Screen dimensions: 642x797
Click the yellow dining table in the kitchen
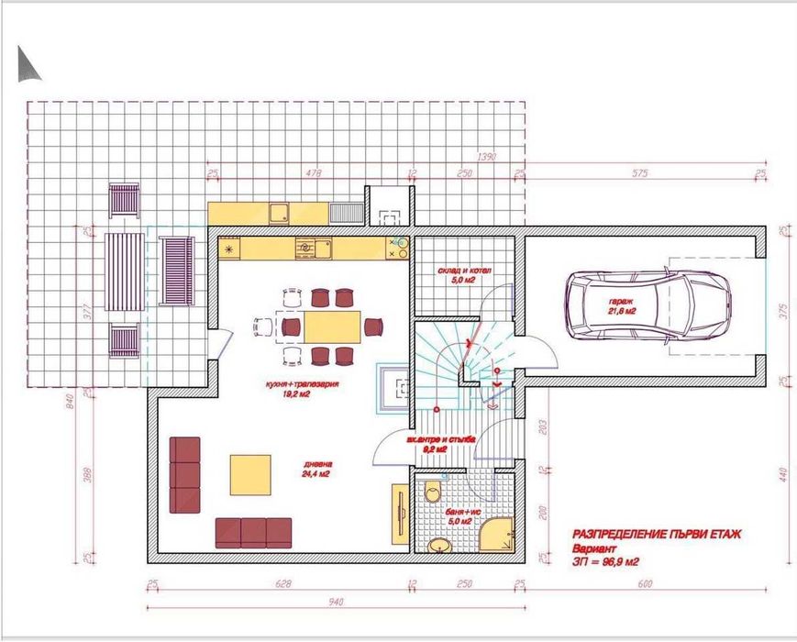pyautogui.click(x=332, y=327)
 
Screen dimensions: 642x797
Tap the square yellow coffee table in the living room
pyautogui.click(x=250, y=473)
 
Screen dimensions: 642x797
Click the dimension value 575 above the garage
pyautogui.click(x=640, y=172)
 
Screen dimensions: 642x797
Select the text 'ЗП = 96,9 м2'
pyautogui.click(x=604, y=562)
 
